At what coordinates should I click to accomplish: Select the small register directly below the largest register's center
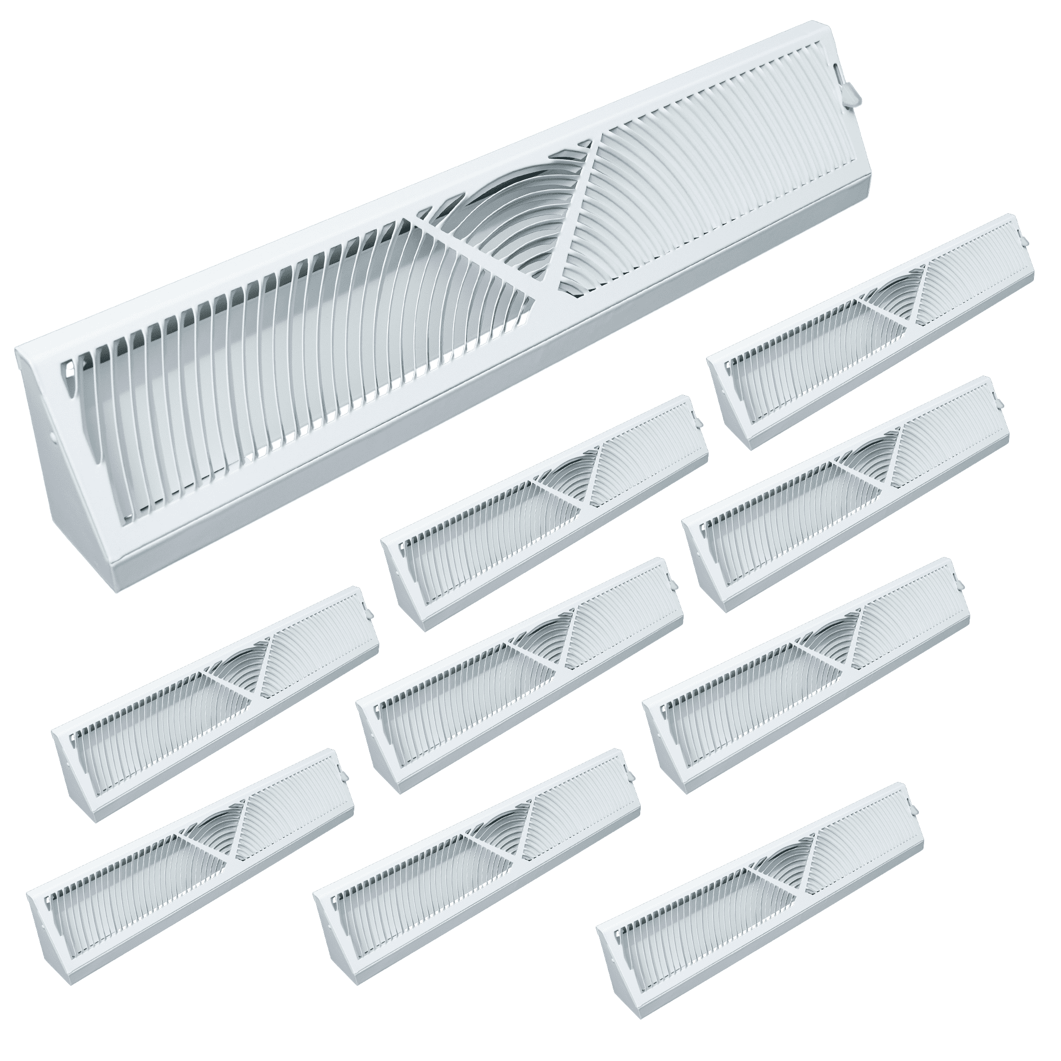[544, 514]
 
